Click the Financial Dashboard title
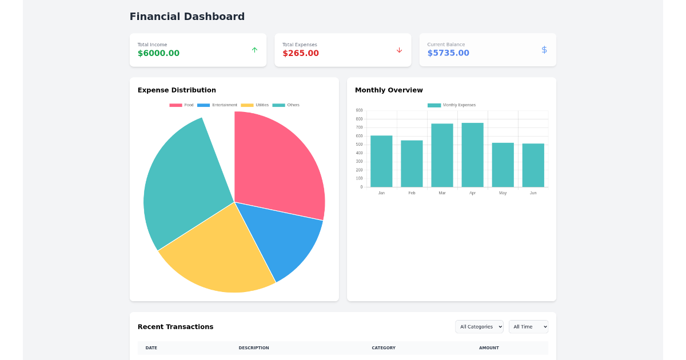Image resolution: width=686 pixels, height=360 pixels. pos(187,17)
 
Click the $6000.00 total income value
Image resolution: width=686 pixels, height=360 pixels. pos(158,53)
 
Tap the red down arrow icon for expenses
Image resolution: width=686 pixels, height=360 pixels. pos(399,50)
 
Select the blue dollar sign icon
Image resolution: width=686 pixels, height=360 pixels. pos(544,50)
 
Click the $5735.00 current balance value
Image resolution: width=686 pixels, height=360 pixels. pos(448,53)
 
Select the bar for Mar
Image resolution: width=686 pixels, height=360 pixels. pos(442,155)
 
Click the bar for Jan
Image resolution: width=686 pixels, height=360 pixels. pos(381,161)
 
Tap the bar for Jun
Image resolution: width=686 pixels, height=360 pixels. pos(533,165)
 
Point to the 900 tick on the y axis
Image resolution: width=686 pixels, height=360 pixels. pos(359,110)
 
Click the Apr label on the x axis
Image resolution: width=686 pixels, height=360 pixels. pos(472,193)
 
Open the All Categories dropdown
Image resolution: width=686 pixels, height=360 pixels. pos(479,327)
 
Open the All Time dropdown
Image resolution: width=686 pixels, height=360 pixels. pos(528,327)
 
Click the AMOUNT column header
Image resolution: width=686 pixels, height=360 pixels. pos(489,348)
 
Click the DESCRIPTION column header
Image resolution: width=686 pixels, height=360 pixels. pos(254,348)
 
